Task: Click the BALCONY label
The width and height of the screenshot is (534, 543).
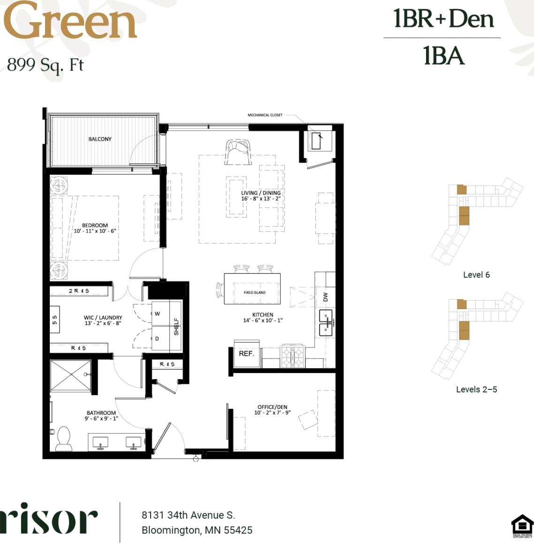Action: coord(100,139)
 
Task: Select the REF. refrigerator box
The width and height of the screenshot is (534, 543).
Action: coord(246,354)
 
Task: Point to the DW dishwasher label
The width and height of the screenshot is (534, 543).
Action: coord(326,297)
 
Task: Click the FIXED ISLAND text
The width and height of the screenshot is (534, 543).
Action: coord(254,293)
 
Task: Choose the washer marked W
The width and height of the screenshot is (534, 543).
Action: coord(158,314)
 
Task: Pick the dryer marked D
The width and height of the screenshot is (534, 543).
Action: coord(158,339)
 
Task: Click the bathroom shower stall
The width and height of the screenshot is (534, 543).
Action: coord(70,375)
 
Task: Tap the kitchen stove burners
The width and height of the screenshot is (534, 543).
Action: coord(293,356)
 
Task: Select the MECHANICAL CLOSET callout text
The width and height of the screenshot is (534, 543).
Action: coord(265,115)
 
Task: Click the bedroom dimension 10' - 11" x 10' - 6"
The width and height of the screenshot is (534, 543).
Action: coord(95,231)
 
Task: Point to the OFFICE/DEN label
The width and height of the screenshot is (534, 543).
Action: coord(272,407)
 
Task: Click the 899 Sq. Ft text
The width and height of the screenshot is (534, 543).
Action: coord(45,64)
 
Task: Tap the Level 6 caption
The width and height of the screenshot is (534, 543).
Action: coord(476,275)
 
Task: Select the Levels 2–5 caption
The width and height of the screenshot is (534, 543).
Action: coord(476,389)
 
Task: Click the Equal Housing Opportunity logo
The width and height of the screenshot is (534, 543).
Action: coord(522,526)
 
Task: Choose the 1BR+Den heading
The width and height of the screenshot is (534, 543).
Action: coord(443,19)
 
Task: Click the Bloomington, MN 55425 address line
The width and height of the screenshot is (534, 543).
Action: coord(197,530)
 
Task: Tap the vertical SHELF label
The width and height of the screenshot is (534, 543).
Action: coord(176,326)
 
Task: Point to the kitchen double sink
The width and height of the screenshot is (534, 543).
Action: coord(326,323)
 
